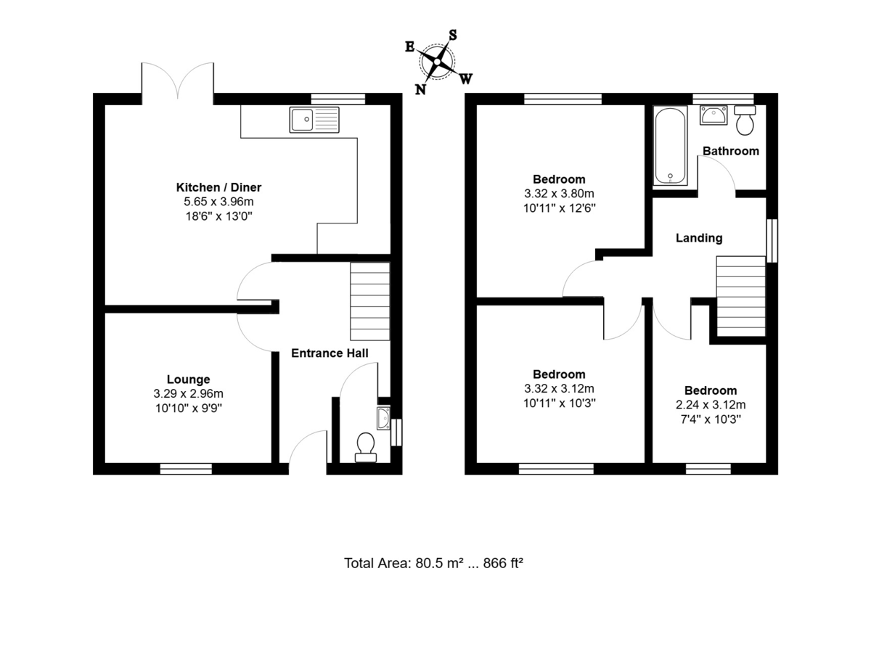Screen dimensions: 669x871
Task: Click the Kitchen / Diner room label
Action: click(x=218, y=187)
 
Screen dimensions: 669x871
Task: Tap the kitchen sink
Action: click(x=314, y=120)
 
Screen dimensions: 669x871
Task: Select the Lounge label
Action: click(x=188, y=379)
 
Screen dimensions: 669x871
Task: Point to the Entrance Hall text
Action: click(x=330, y=353)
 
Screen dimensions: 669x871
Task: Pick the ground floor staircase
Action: click(x=370, y=301)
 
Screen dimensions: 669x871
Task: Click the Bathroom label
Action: click(x=731, y=151)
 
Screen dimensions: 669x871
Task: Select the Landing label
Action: click(x=699, y=237)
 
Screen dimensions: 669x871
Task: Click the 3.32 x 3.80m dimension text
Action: click(x=559, y=194)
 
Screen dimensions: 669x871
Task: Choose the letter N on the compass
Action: click(x=420, y=89)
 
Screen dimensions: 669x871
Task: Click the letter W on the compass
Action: click(x=467, y=78)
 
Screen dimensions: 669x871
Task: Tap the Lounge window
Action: click(x=186, y=469)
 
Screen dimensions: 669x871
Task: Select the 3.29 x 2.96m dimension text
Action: click(x=188, y=393)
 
